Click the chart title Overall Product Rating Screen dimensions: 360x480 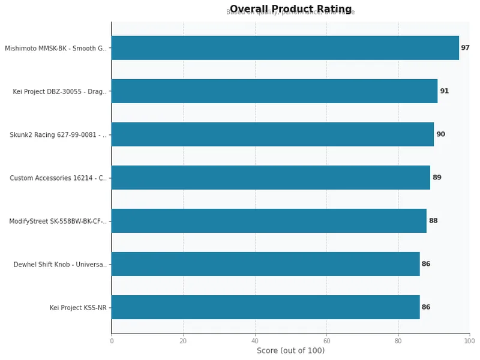[x=290, y=9]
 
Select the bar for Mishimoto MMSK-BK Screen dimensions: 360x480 [x=285, y=48]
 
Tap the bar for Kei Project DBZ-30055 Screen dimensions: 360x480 [x=274, y=91]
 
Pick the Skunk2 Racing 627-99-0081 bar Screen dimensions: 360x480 [x=272, y=134]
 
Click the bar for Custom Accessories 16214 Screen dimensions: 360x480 [x=271, y=178]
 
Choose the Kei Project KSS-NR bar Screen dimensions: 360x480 [x=265, y=307]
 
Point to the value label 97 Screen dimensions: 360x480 [x=465, y=48]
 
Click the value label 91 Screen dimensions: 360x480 [x=444, y=91]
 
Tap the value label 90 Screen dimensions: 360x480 [x=440, y=134]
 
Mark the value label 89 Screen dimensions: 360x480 [x=437, y=178]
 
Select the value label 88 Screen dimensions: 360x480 [x=433, y=221]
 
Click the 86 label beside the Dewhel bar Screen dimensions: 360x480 [x=426, y=264]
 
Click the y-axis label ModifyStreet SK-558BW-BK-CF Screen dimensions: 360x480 [x=58, y=221]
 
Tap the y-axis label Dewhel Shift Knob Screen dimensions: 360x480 [x=60, y=265]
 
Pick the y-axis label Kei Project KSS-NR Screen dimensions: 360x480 [x=78, y=308]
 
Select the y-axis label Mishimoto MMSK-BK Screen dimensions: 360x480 [x=56, y=49]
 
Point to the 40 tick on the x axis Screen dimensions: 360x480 [x=255, y=341]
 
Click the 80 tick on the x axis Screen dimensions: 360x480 [x=398, y=341]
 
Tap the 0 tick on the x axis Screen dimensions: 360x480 [x=112, y=341]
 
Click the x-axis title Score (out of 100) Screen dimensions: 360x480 [x=290, y=351]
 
